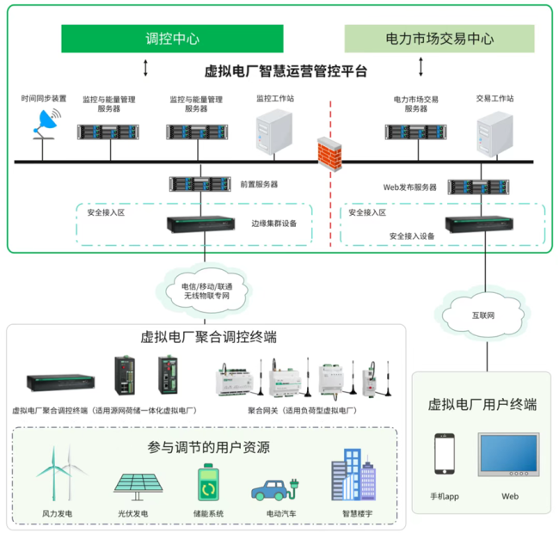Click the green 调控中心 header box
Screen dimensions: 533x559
click(172, 39)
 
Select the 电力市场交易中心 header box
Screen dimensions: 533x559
click(439, 39)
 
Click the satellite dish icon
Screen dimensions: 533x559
click(49, 124)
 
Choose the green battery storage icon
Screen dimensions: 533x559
click(209, 484)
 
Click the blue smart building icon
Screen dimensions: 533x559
click(353, 476)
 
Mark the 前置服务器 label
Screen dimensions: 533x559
click(259, 184)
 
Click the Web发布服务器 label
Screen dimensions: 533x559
click(409, 187)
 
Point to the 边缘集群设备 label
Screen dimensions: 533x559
click(274, 224)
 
